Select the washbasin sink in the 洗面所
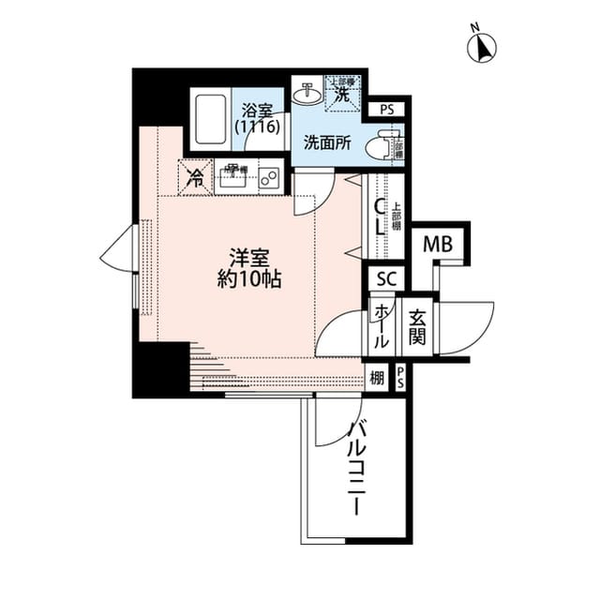click(306, 94)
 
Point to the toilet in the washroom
click(383, 147)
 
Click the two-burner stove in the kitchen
click(269, 177)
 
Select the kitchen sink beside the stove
click(232, 176)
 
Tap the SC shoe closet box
click(386, 278)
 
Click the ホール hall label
click(382, 327)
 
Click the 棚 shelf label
click(377, 378)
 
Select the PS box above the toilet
click(387, 110)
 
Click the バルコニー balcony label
click(357, 469)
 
